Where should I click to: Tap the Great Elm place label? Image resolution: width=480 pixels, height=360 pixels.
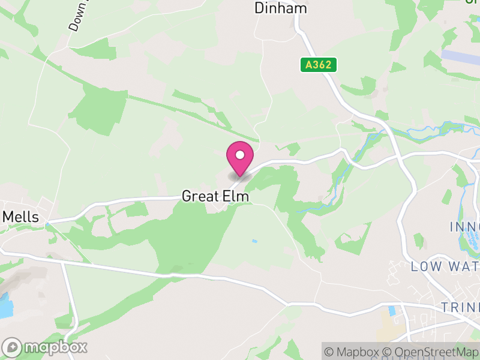(x=215, y=196)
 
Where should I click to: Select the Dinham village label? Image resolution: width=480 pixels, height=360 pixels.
(x=280, y=8)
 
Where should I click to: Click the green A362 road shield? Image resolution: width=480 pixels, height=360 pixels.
(x=318, y=65)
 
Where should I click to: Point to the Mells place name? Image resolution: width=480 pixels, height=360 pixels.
(x=21, y=217)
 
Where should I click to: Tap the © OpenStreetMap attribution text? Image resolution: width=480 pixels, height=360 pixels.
(x=432, y=352)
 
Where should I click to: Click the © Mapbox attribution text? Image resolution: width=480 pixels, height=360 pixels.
(x=355, y=352)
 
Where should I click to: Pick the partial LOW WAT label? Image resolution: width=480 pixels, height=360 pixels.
(x=445, y=266)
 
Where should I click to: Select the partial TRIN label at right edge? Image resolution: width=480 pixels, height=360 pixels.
(x=460, y=307)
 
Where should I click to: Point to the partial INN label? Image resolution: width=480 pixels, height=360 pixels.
(x=464, y=227)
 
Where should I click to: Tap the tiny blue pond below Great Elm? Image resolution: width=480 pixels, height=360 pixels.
(x=255, y=242)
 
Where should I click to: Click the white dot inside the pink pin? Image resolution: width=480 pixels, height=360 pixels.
(x=240, y=155)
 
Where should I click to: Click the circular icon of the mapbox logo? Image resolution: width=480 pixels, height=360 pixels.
(x=12, y=347)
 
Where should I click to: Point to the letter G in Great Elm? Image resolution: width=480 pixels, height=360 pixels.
(x=187, y=196)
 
